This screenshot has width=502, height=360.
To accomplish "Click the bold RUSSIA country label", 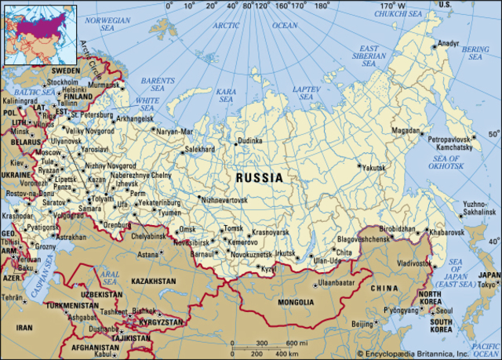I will (260, 178).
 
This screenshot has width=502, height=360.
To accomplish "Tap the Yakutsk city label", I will (374, 168).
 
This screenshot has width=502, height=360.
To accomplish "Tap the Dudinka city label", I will (250, 140).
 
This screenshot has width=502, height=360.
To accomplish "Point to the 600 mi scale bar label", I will (296, 343).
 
